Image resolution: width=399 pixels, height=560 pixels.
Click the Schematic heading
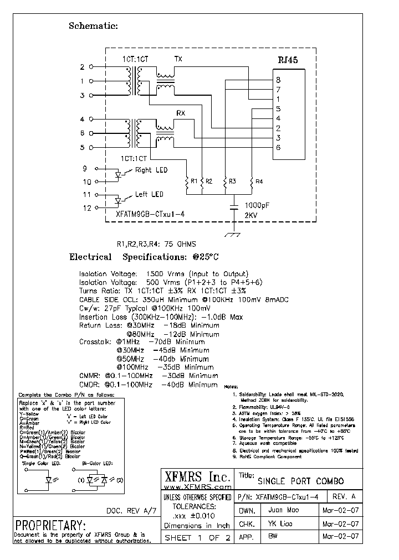pos(93,25)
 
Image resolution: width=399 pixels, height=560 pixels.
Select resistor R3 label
pos(232,181)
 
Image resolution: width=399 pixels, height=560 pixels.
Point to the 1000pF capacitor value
pos(257,204)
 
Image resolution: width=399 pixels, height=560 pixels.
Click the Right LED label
pos(151,170)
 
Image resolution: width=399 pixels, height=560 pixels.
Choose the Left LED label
pos(149,195)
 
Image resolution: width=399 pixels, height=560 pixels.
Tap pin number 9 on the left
pos(85,169)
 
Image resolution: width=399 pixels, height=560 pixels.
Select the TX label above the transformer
pos(178,59)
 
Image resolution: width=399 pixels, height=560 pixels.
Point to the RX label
pos(181,113)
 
